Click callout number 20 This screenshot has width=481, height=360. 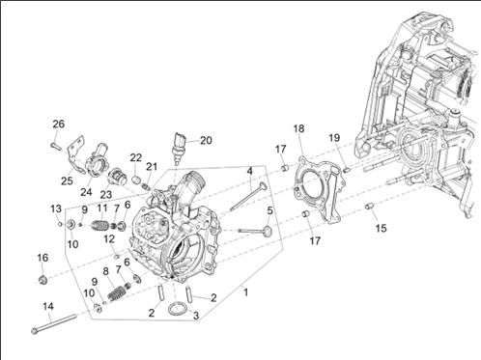click(206, 140)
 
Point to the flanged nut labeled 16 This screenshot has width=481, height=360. click(42, 280)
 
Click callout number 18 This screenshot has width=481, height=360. click(298, 128)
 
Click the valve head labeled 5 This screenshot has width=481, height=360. click(268, 231)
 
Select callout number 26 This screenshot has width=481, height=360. click(59, 124)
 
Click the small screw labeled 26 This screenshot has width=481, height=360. click(56, 146)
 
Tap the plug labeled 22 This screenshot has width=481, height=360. click(137, 179)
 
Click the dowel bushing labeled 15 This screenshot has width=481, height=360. click(369, 206)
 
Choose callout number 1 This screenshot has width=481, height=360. click(246, 292)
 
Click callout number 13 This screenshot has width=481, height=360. click(56, 208)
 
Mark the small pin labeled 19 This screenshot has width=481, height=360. click(347, 170)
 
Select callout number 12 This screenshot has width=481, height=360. click(109, 239)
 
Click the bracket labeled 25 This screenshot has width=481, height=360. click(76, 154)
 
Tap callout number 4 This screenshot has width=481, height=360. click(250, 171)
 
